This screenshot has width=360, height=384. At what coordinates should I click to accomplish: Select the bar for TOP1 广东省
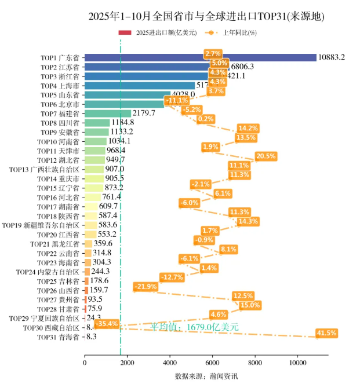coord(200,57)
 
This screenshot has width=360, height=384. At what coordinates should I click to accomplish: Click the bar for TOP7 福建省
coord(108,114)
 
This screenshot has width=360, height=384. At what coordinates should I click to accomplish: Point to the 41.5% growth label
coord(327,333)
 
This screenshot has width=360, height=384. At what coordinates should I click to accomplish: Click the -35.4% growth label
coord(106,324)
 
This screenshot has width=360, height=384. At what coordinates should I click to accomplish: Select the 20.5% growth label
coord(266,156)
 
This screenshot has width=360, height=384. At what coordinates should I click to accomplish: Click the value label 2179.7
coord(144,114)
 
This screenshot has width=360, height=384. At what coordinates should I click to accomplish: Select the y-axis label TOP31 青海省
coord(59,337)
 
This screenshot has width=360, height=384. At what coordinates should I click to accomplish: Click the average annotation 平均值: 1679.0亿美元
coord(195,327)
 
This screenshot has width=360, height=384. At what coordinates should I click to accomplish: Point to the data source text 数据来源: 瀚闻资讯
coord(206,376)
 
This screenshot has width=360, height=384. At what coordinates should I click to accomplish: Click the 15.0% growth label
coord(250,305)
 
